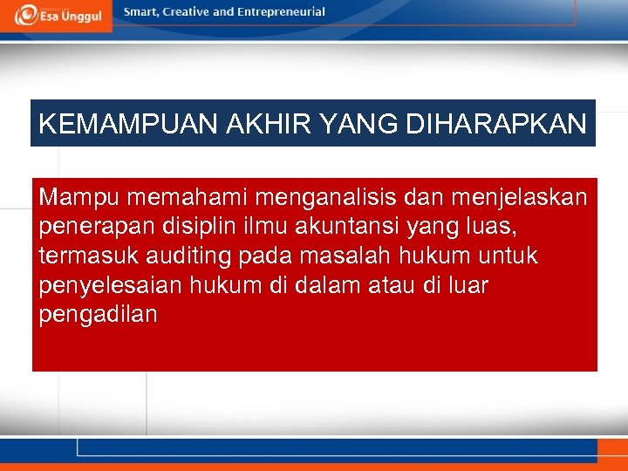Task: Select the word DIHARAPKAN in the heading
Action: tap(496, 124)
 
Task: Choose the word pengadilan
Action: tap(98, 315)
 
